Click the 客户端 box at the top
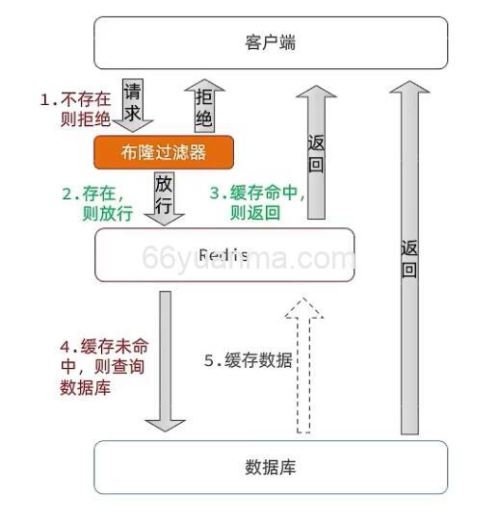click(271, 43)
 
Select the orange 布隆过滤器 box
click(164, 152)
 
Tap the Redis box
click(224, 254)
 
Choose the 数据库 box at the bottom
click(271, 467)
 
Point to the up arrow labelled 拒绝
click(203, 105)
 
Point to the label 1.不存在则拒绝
click(75, 109)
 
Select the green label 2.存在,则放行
click(96, 204)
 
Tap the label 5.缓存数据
click(248, 360)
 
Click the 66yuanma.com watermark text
click(249, 258)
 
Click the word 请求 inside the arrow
click(133, 101)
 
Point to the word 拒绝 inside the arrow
click(204, 108)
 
